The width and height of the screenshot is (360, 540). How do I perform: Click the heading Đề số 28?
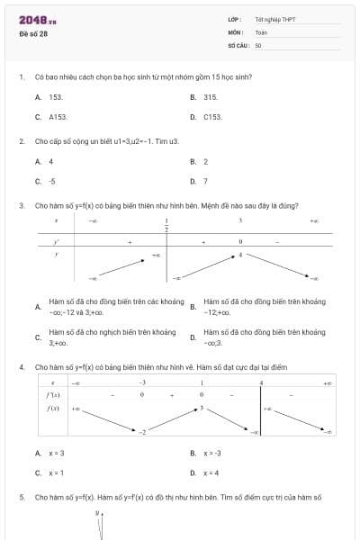(x=33, y=34)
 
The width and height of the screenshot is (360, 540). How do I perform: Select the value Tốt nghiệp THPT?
(x=275, y=19)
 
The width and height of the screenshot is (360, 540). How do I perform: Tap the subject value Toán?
(x=261, y=31)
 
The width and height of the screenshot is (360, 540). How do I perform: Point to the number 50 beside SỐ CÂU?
(x=258, y=44)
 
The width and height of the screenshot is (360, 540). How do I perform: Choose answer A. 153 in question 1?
(x=49, y=96)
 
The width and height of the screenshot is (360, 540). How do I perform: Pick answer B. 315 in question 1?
(x=204, y=96)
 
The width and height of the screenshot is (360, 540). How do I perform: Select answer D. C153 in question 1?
(x=206, y=117)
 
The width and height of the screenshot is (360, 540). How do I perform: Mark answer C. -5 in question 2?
(x=45, y=181)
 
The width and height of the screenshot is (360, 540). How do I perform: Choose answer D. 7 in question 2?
(x=199, y=181)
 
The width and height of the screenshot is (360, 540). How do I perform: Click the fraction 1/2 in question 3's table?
(x=166, y=225)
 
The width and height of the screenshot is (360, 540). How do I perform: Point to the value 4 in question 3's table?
(x=240, y=255)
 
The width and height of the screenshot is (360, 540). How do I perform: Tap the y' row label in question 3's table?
(x=57, y=241)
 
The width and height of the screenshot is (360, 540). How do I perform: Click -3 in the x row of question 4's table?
(x=142, y=383)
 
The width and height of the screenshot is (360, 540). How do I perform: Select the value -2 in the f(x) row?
(x=141, y=432)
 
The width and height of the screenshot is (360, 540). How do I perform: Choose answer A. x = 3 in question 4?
(x=49, y=453)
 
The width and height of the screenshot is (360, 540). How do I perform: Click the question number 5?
(x=21, y=497)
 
